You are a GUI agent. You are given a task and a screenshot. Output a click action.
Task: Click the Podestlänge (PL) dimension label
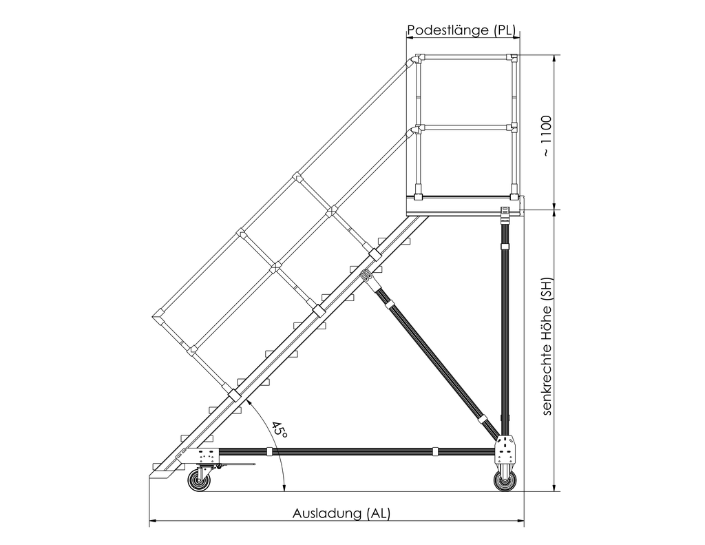[461, 30]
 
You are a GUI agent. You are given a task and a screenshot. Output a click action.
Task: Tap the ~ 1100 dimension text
[546, 136]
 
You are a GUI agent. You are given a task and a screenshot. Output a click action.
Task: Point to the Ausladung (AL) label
[341, 513]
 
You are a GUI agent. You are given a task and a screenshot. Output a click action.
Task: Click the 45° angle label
[279, 431]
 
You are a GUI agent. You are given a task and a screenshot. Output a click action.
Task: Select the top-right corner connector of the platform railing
[512, 58]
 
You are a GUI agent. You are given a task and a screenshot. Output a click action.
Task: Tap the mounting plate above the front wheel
[207, 456]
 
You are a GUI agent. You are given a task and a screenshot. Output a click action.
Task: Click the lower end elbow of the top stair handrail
[159, 316]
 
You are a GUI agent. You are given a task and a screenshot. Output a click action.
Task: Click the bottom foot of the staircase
[162, 474]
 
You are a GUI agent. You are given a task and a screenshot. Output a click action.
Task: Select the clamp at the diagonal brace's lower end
[483, 418]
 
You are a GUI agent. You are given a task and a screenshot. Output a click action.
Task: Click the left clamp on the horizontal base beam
[269, 452]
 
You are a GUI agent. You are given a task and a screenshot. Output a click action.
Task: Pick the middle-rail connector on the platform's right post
[512, 127]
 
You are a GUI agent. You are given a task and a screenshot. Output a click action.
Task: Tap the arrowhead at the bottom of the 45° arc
[284, 488]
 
